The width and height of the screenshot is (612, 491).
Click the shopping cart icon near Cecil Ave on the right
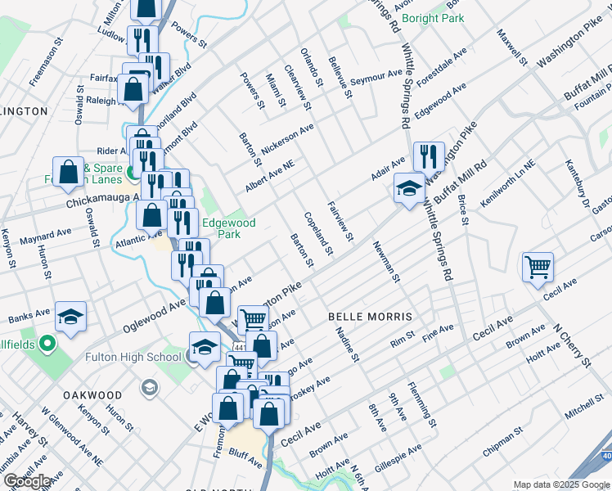click(538, 266)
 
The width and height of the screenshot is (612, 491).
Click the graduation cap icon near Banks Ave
click(71, 316)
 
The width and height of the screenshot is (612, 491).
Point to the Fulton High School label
click(133, 357)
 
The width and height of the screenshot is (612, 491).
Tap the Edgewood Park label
click(229, 228)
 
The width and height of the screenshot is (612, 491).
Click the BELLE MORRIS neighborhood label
click(368, 316)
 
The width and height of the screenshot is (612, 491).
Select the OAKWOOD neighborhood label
click(92, 395)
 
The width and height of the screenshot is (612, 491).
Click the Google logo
click(27, 482)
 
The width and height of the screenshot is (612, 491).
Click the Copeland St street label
click(319, 232)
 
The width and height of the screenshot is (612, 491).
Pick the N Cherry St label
click(571, 345)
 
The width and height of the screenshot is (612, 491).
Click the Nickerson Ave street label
click(287, 133)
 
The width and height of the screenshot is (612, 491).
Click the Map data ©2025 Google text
click(560, 484)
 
